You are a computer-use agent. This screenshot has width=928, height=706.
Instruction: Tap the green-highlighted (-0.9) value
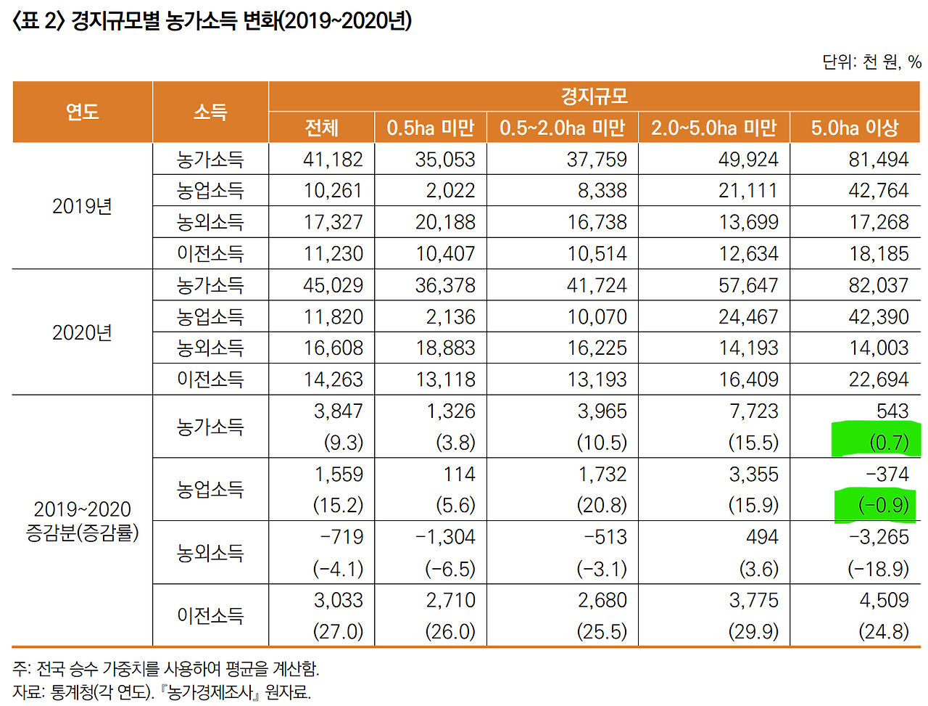click(x=883, y=505)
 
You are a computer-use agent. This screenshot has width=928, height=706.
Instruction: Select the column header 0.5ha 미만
click(x=430, y=128)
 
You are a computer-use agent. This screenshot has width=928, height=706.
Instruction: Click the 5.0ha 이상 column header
click(x=854, y=128)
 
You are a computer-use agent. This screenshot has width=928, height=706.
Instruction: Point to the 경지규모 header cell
click(x=594, y=97)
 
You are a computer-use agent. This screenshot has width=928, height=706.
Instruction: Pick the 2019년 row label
click(x=82, y=206)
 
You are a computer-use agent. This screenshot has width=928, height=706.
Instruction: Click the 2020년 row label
click(x=82, y=332)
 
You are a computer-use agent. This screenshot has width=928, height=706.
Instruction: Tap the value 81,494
click(x=878, y=160)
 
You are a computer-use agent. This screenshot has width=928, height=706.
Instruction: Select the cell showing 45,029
click(x=333, y=285)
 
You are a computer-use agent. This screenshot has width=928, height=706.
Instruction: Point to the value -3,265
click(x=878, y=537)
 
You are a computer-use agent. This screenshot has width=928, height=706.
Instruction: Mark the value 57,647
click(x=747, y=285)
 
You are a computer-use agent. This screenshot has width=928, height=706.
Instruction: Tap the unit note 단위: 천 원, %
click(x=871, y=62)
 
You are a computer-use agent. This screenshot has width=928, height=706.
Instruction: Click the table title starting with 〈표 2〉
click(x=212, y=20)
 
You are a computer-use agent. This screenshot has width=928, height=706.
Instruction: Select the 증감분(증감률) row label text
click(x=82, y=533)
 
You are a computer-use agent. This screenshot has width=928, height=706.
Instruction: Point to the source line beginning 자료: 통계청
click(x=161, y=692)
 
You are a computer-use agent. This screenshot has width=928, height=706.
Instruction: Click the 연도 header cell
click(x=82, y=112)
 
